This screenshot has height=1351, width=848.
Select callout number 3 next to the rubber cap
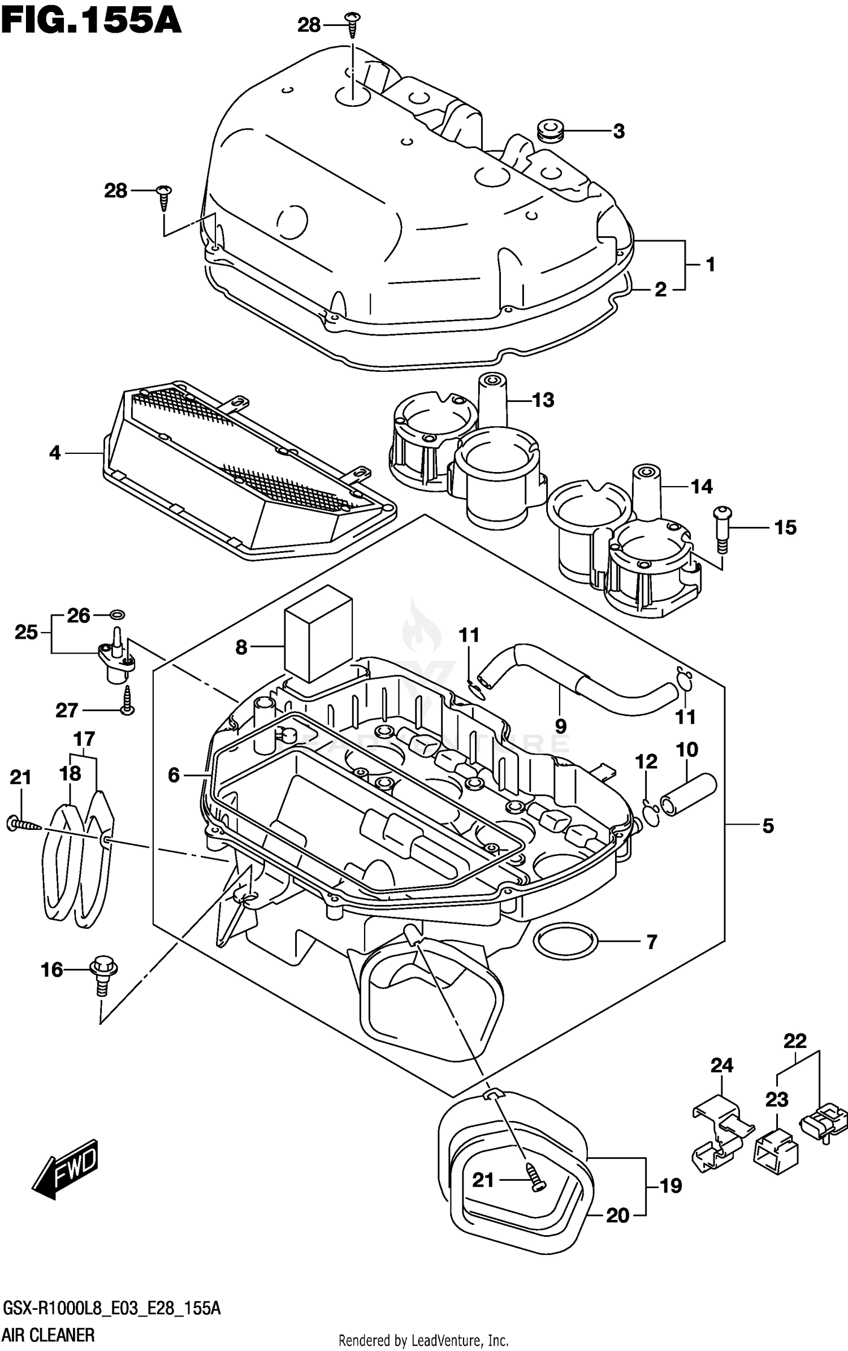619,131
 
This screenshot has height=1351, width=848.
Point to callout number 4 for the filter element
54,453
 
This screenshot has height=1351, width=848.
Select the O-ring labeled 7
566,941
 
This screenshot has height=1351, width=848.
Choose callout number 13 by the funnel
543,400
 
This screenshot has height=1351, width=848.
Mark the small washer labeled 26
118,614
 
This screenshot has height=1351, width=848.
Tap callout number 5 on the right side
767,826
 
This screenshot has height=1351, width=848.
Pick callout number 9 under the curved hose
560,725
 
